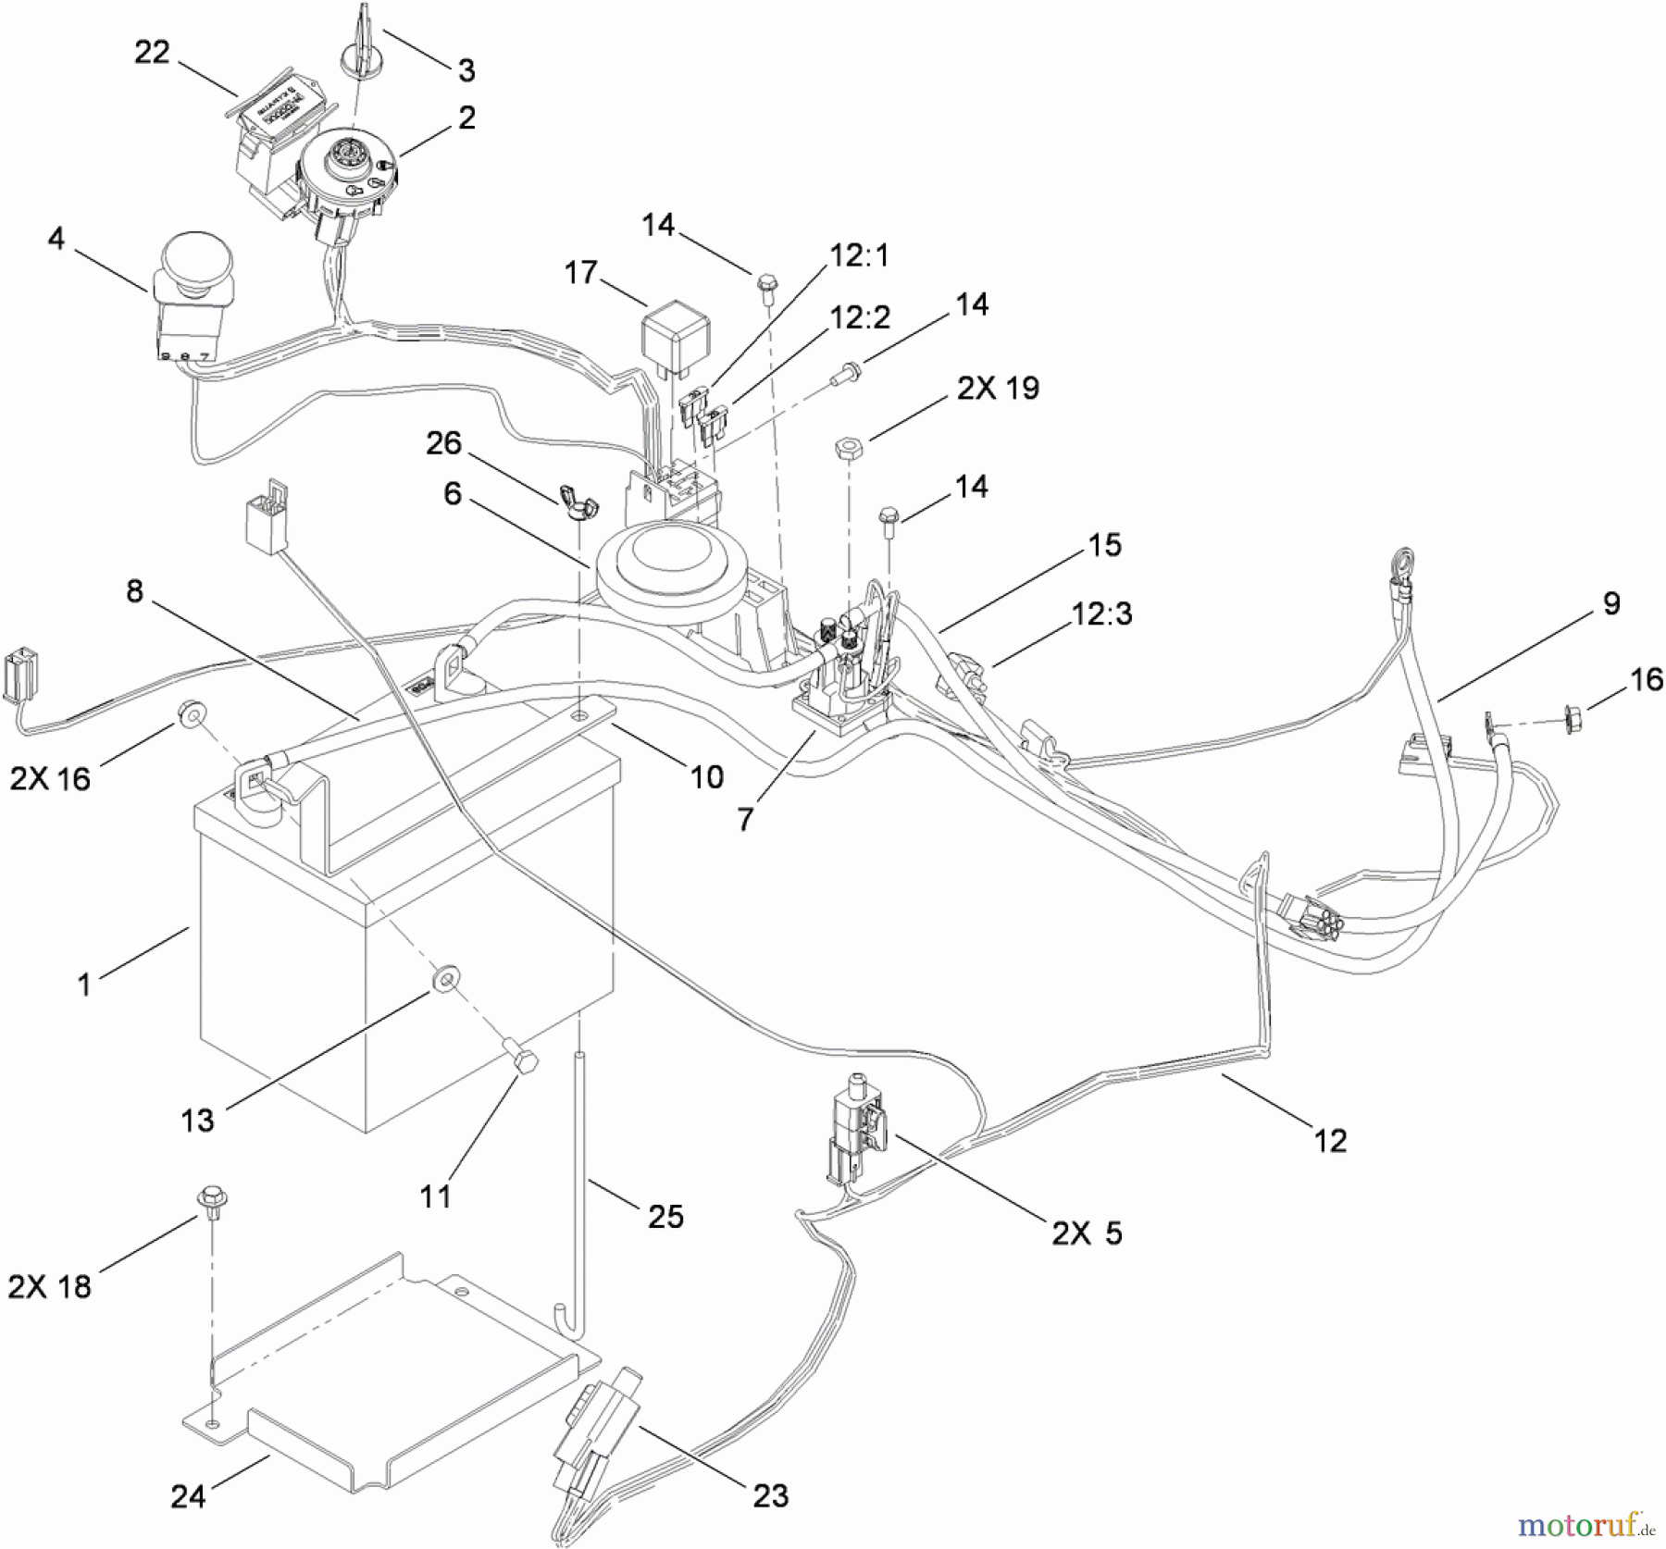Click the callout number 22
tap(152, 53)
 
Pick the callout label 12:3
tap(1101, 613)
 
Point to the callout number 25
tap(665, 1215)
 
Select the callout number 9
tap(1610, 603)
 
